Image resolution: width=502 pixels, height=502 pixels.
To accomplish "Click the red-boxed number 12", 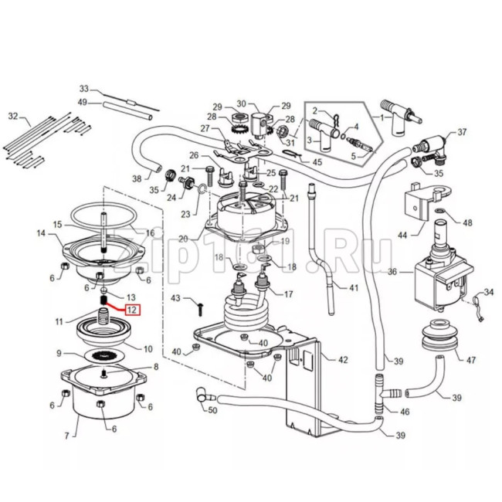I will pyautogui.click(x=133, y=310).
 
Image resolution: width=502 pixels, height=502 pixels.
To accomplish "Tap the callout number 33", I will pyautogui.click(x=85, y=88).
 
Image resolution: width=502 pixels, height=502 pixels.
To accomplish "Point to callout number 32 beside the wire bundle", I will pyautogui.click(x=12, y=116).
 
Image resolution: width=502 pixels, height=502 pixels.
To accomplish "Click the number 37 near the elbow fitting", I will pyautogui.click(x=463, y=133).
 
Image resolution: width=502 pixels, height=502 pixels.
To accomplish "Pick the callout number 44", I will pyautogui.click(x=402, y=235).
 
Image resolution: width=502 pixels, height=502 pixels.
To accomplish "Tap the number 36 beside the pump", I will pyautogui.click(x=392, y=272).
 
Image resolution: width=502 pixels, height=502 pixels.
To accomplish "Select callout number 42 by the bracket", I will pyautogui.click(x=343, y=359).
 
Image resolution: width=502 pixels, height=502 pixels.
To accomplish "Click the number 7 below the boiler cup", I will pyautogui.click(x=67, y=437).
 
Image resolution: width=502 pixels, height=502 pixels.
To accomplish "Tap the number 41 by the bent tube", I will pyautogui.click(x=354, y=288).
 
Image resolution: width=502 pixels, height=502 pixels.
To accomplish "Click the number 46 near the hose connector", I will pyautogui.click(x=404, y=412).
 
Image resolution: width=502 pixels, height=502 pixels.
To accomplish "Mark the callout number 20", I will pyautogui.click(x=182, y=239).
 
